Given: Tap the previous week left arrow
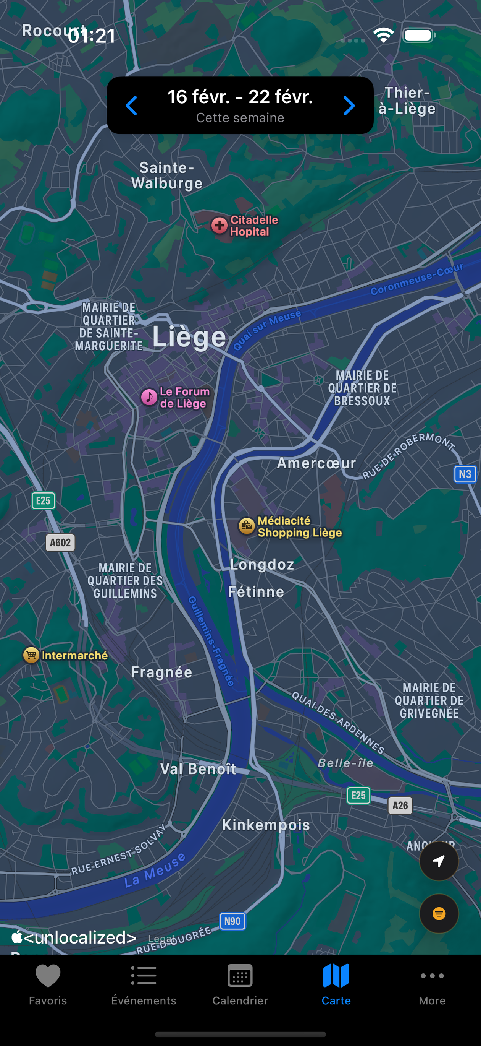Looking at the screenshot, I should [x=131, y=106].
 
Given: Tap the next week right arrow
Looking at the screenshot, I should [x=349, y=106].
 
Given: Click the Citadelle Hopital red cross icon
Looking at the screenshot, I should [x=220, y=225].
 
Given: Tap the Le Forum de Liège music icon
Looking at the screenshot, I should [x=149, y=397].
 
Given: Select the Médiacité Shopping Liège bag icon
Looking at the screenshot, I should [x=247, y=526].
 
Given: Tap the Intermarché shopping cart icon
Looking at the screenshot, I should [x=31, y=655].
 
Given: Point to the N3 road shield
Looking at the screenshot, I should [x=465, y=474].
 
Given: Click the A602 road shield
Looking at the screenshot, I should [x=60, y=542].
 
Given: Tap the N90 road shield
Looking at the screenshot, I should [x=232, y=921].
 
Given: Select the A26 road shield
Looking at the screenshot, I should [x=400, y=806].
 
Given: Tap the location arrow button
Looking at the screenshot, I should [x=439, y=861].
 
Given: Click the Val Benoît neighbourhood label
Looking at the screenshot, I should [x=198, y=769].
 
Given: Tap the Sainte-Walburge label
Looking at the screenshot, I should [x=167, y=175].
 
